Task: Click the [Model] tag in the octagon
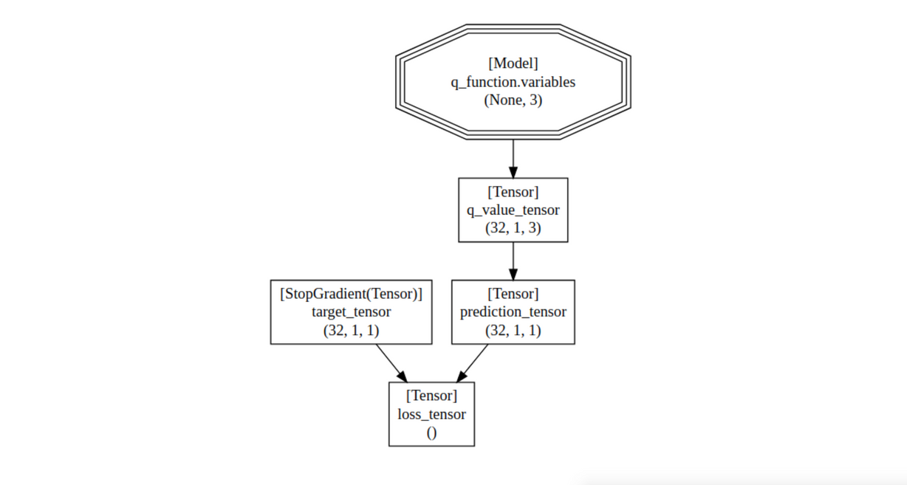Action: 513,63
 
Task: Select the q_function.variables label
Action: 513,82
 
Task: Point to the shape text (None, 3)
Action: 513,100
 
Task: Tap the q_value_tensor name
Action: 513,210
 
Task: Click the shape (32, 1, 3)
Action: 513,228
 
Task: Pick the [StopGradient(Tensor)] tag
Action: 351,294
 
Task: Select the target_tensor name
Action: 351,312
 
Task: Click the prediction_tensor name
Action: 513,312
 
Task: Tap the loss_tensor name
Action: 431,415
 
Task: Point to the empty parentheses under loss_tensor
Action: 431,433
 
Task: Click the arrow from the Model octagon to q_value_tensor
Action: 513,159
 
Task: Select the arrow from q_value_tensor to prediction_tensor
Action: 513,261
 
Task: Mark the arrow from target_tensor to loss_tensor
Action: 391,363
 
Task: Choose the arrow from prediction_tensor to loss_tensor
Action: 472,363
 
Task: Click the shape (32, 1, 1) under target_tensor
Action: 351,331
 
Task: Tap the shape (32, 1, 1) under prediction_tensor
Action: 513,331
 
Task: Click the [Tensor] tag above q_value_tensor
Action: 513,192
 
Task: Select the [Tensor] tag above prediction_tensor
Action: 513,294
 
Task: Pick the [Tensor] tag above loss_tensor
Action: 431,396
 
